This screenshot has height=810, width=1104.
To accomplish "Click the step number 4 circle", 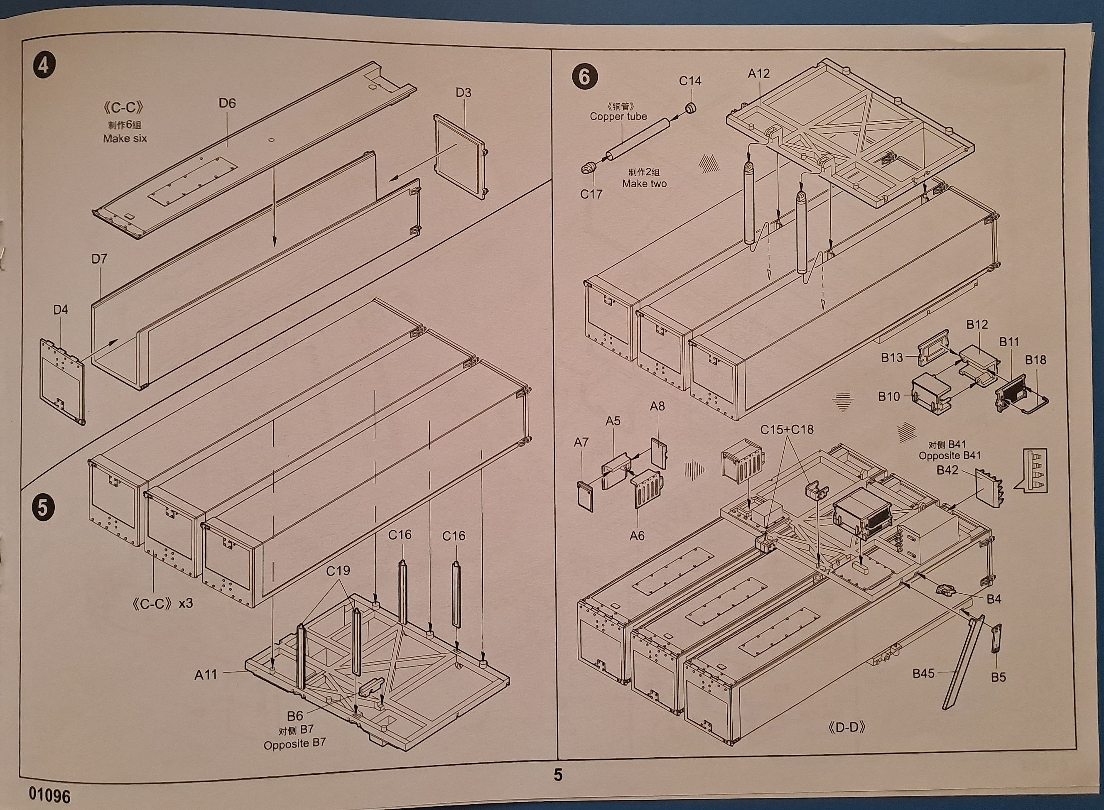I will pyautogui.click(x=43, y=65).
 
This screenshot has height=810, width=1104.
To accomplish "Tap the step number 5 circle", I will pyautogui.click(x=43, y=507).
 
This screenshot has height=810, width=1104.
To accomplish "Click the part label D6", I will pyautogui.click(x=227, y=103).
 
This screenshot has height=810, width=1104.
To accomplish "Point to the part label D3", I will pyautogui.click(x=463, y=93).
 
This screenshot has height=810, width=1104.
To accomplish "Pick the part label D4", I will pyautogui.click(x=60, y=309).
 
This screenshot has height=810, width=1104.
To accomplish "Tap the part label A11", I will pyautogui.click(x=205, y=675).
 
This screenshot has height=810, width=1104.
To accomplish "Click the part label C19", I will pyautogui.click(x=338, y=571).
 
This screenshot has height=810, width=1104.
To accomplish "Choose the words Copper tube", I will pyautogui.click(x=618, y=116).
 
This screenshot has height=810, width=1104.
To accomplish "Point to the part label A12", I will pyautogui.click(x=759, y=73).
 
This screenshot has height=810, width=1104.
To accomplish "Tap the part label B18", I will pyautogui.click(x=1035, y=360).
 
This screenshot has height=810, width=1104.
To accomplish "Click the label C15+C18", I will pyautogui.click(x=787, y=430).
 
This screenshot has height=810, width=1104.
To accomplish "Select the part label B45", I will pyautogui.click(x=923, y=674).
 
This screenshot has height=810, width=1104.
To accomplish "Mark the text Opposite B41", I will pyautogui.click(x=949, y=455).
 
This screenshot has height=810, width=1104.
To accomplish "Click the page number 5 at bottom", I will pyautogui.click(x=558, y=775).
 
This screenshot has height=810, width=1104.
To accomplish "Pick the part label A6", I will pyautogui.click(x=637, y=536).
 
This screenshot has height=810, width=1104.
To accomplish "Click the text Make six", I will pyautogui.click(x=125, y=139).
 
